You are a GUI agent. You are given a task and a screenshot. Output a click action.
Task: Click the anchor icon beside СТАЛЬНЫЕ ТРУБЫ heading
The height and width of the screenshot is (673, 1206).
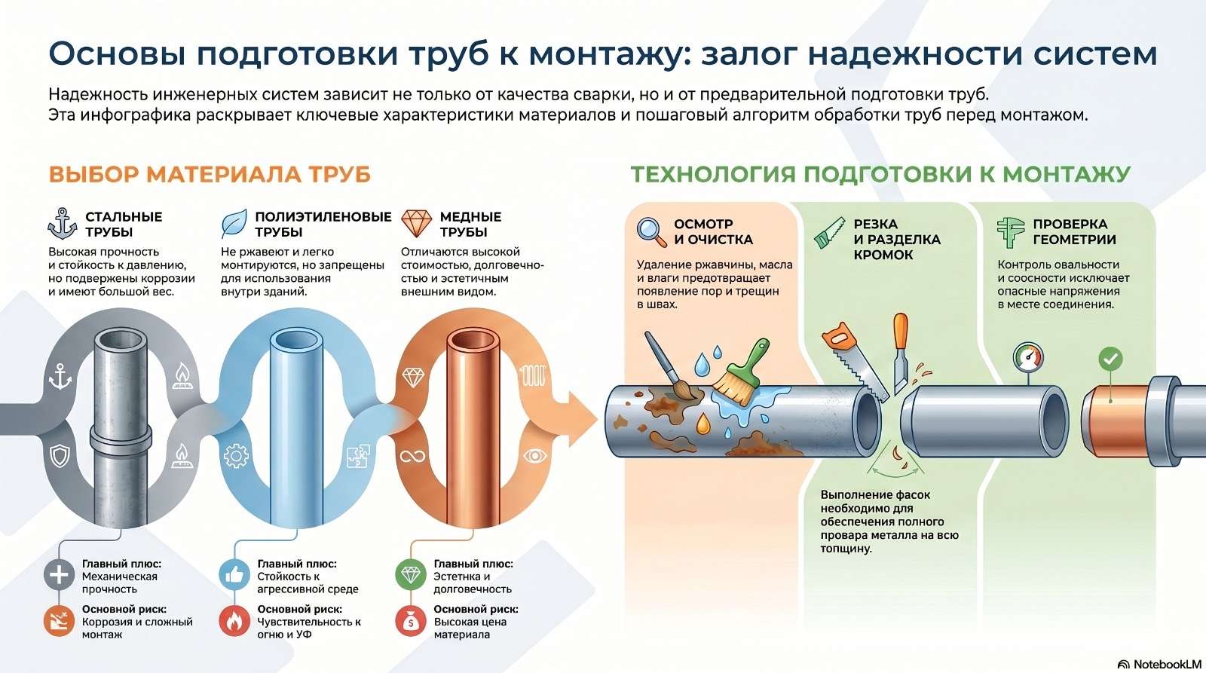[63, 223]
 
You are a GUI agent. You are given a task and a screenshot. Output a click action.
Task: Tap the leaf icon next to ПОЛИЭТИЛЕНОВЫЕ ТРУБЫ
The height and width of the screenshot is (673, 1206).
[234, 223]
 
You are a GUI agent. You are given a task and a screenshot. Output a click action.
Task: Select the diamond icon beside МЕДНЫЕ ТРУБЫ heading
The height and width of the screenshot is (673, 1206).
[416, 223]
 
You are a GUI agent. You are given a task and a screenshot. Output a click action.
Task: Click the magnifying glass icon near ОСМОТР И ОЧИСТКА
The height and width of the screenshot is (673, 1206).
[651, 232]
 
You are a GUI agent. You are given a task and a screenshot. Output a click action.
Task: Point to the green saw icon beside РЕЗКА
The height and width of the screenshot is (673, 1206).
[829, 233]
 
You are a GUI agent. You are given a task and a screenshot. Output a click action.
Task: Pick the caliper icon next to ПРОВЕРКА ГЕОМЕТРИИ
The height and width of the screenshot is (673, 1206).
[1010, 233]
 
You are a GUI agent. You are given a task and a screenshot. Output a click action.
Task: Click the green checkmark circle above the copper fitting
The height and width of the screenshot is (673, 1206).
[1110, 359]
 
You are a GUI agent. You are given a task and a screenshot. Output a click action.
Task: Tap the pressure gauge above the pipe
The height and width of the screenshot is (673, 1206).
[1028, 357]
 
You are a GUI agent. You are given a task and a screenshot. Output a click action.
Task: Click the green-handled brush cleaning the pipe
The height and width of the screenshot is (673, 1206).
[740, 372]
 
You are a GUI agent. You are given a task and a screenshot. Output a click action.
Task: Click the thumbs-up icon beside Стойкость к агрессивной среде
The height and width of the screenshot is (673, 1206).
[234, 575]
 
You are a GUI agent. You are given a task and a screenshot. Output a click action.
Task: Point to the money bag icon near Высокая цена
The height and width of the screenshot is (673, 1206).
[411, 621]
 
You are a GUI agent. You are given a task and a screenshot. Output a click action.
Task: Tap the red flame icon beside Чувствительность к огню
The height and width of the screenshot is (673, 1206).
[234, 621]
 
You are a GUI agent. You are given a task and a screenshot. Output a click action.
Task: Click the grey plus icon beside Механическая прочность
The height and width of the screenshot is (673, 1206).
[59, 575]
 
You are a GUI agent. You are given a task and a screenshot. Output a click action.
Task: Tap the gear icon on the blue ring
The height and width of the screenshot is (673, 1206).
[236, 456]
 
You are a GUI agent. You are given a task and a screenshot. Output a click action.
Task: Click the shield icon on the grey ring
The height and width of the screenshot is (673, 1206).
[60, 456]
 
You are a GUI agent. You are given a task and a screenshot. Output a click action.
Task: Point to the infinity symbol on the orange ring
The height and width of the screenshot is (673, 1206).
[412, 457]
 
